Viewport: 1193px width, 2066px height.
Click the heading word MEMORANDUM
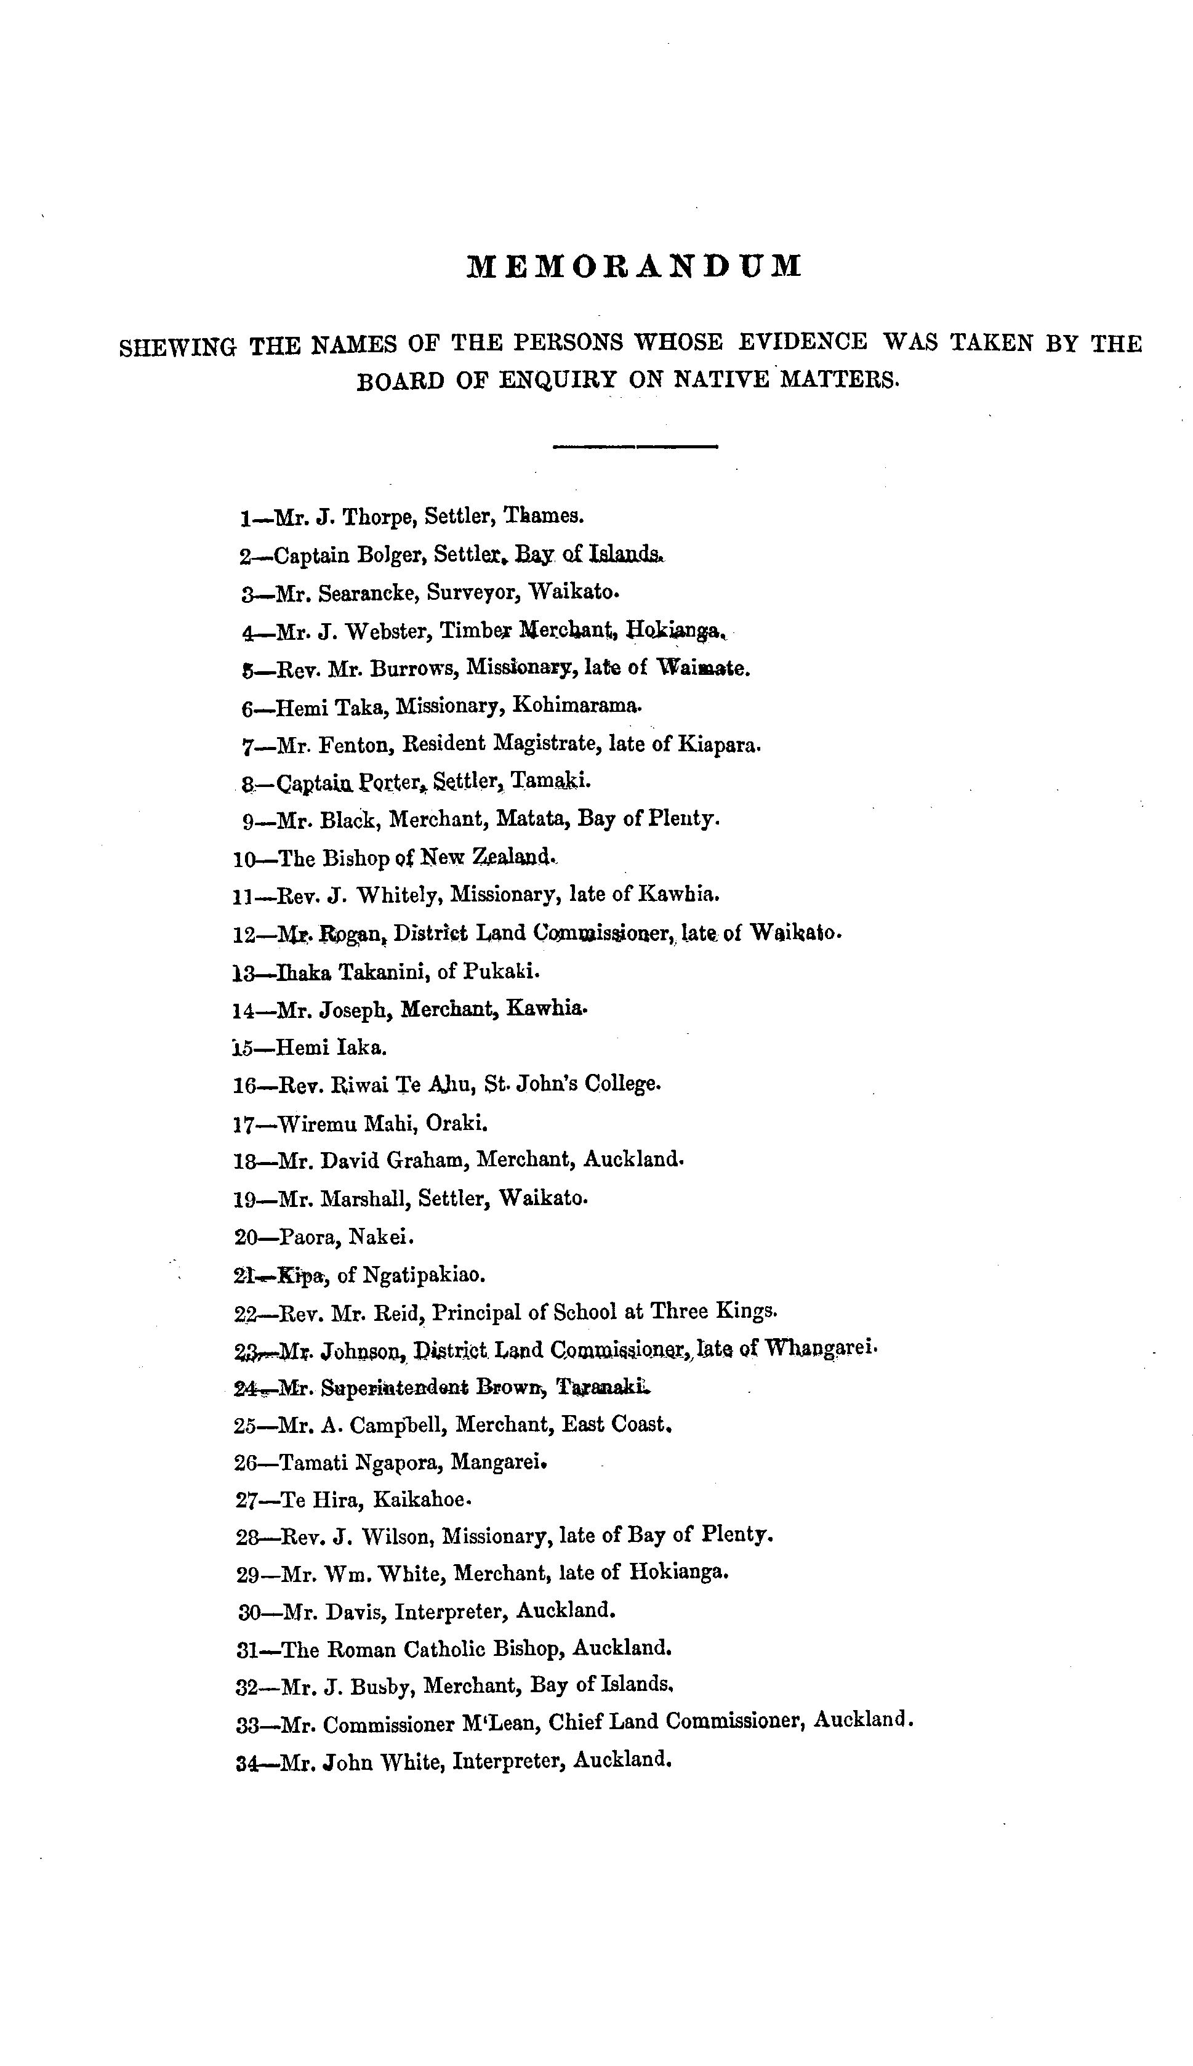634,267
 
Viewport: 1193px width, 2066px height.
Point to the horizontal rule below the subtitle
636,446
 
